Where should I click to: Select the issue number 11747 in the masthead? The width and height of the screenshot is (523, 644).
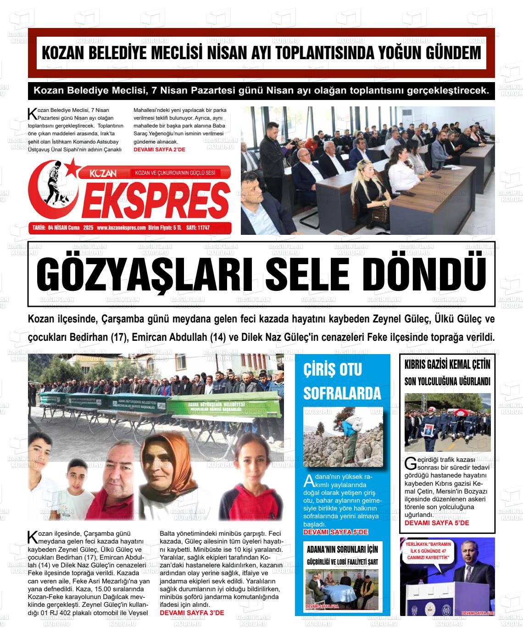point(201,228)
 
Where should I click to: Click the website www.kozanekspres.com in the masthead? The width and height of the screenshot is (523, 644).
point(121,228)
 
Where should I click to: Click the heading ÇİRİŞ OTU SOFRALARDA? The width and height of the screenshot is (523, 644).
point(342,381)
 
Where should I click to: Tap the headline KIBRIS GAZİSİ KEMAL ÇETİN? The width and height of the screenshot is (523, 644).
point(447,365)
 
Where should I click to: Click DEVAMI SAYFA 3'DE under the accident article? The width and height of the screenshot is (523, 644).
point(192,613)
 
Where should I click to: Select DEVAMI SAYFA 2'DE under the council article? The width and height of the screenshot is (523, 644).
point(160,150)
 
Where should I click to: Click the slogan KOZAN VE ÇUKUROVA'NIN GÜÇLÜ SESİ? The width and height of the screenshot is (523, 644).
point(175,173)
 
